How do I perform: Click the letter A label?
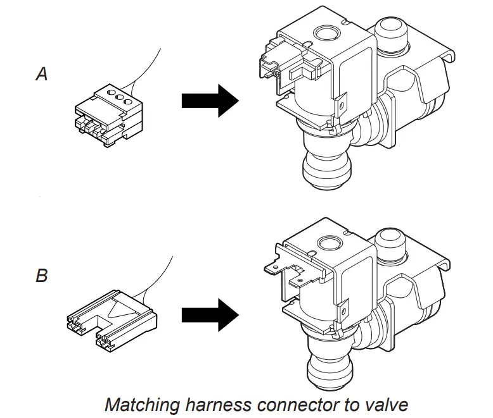pos(41,75)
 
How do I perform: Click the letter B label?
pos(41,276)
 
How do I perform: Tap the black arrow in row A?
pos(209,101)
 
